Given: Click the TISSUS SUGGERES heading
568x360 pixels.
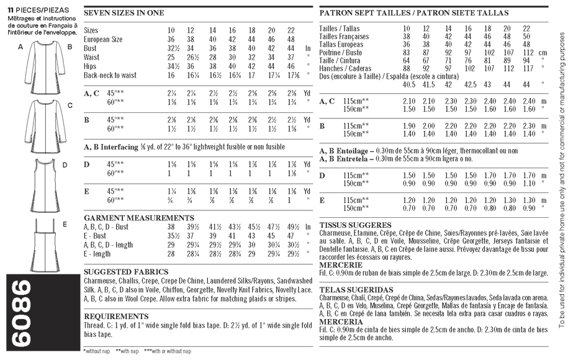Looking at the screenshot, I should (x=354, y=225).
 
